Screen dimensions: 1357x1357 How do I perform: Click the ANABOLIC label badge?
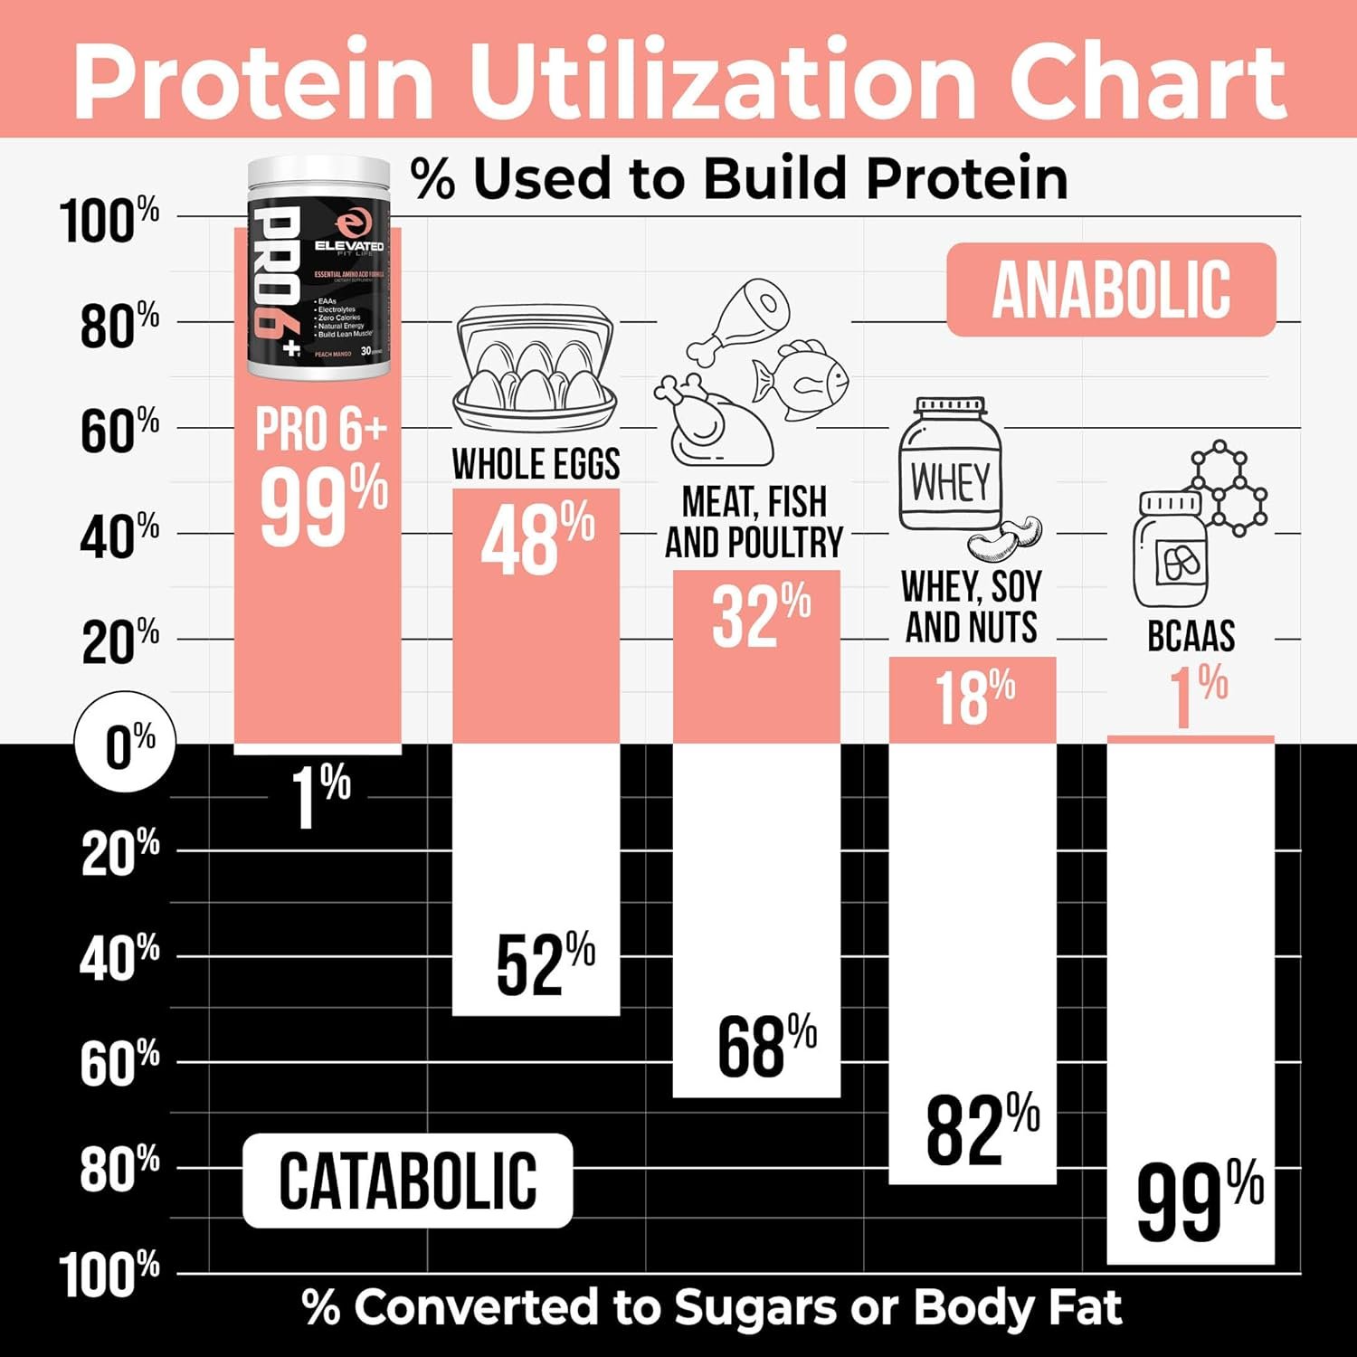[x=1111, y=289]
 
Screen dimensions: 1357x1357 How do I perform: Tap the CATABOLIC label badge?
[x=407, y=1181]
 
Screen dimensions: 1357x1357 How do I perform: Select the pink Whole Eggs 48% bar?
[x=536, y=615]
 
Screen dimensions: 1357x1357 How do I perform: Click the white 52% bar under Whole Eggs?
[x=536, y=878]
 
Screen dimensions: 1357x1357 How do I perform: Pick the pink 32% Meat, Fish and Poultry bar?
[x=756, y=657]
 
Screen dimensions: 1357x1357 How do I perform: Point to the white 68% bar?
[x=756, y=918]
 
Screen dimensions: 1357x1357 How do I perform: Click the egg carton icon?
[x=536, y=369]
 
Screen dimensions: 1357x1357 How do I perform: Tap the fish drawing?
[x=800, y=373]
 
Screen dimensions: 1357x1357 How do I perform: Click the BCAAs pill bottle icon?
[x=1171, y=550]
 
